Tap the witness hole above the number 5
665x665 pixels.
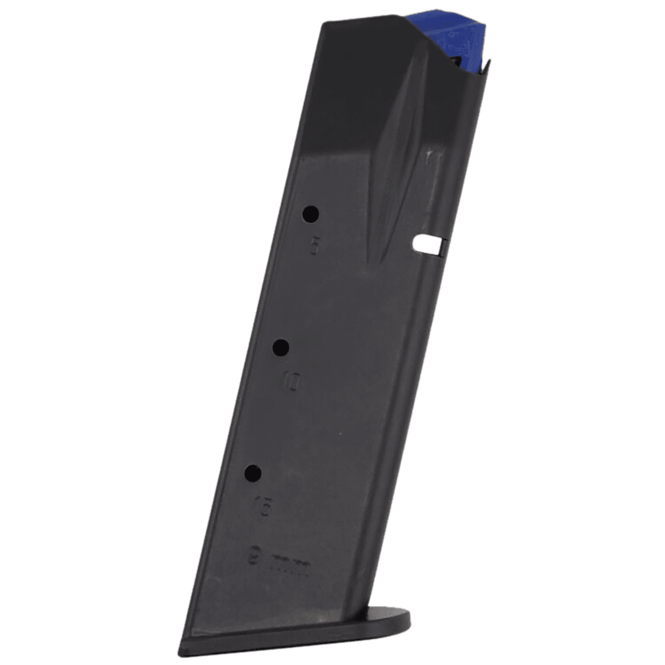pos(311,213)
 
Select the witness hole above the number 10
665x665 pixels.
pos(282,347)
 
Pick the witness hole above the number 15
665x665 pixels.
pos(253,473)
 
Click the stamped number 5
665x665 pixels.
pos(315,246)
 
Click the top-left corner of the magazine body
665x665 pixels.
pos(325,23)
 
